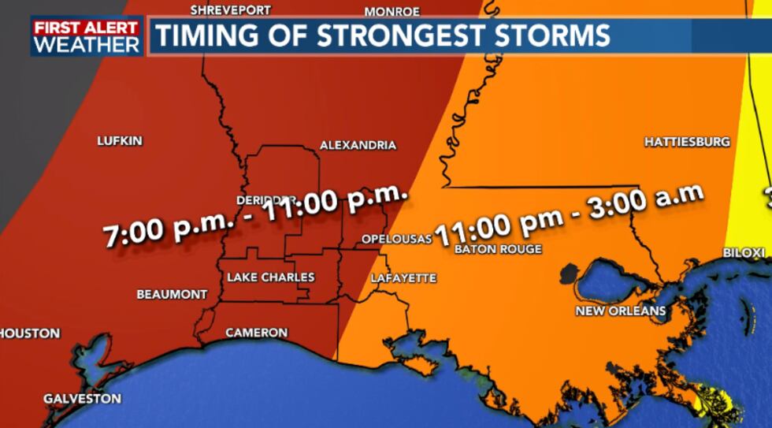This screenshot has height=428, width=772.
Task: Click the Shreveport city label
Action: (x=231, y=10)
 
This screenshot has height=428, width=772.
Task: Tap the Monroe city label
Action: (x=392, y=12)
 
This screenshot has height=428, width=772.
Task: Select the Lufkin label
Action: (x=120, y=141)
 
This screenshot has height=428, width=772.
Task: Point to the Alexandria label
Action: (x=358, y=146)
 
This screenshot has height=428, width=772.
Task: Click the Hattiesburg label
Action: (x=687, y=142)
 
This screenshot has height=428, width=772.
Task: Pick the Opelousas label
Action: (x=397, y=238)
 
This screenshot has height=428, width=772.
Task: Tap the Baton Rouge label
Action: (x=498, y=249)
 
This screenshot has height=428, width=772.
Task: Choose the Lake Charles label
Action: (x=271, y=277)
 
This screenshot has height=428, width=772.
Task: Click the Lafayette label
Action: (x=404, y=278)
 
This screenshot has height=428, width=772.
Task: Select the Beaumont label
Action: (x=172, y=294)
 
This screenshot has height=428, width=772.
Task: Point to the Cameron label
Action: (x=256, y=333)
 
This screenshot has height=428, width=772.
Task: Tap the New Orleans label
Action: (x=621, y=311)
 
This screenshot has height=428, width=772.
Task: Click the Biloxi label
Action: (x=744, y=252)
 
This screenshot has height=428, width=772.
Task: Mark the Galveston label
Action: (x=82, y=398)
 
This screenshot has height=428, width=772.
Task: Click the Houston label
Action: (x=30, y=333)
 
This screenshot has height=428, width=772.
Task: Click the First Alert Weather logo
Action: (x=86, y=36)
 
